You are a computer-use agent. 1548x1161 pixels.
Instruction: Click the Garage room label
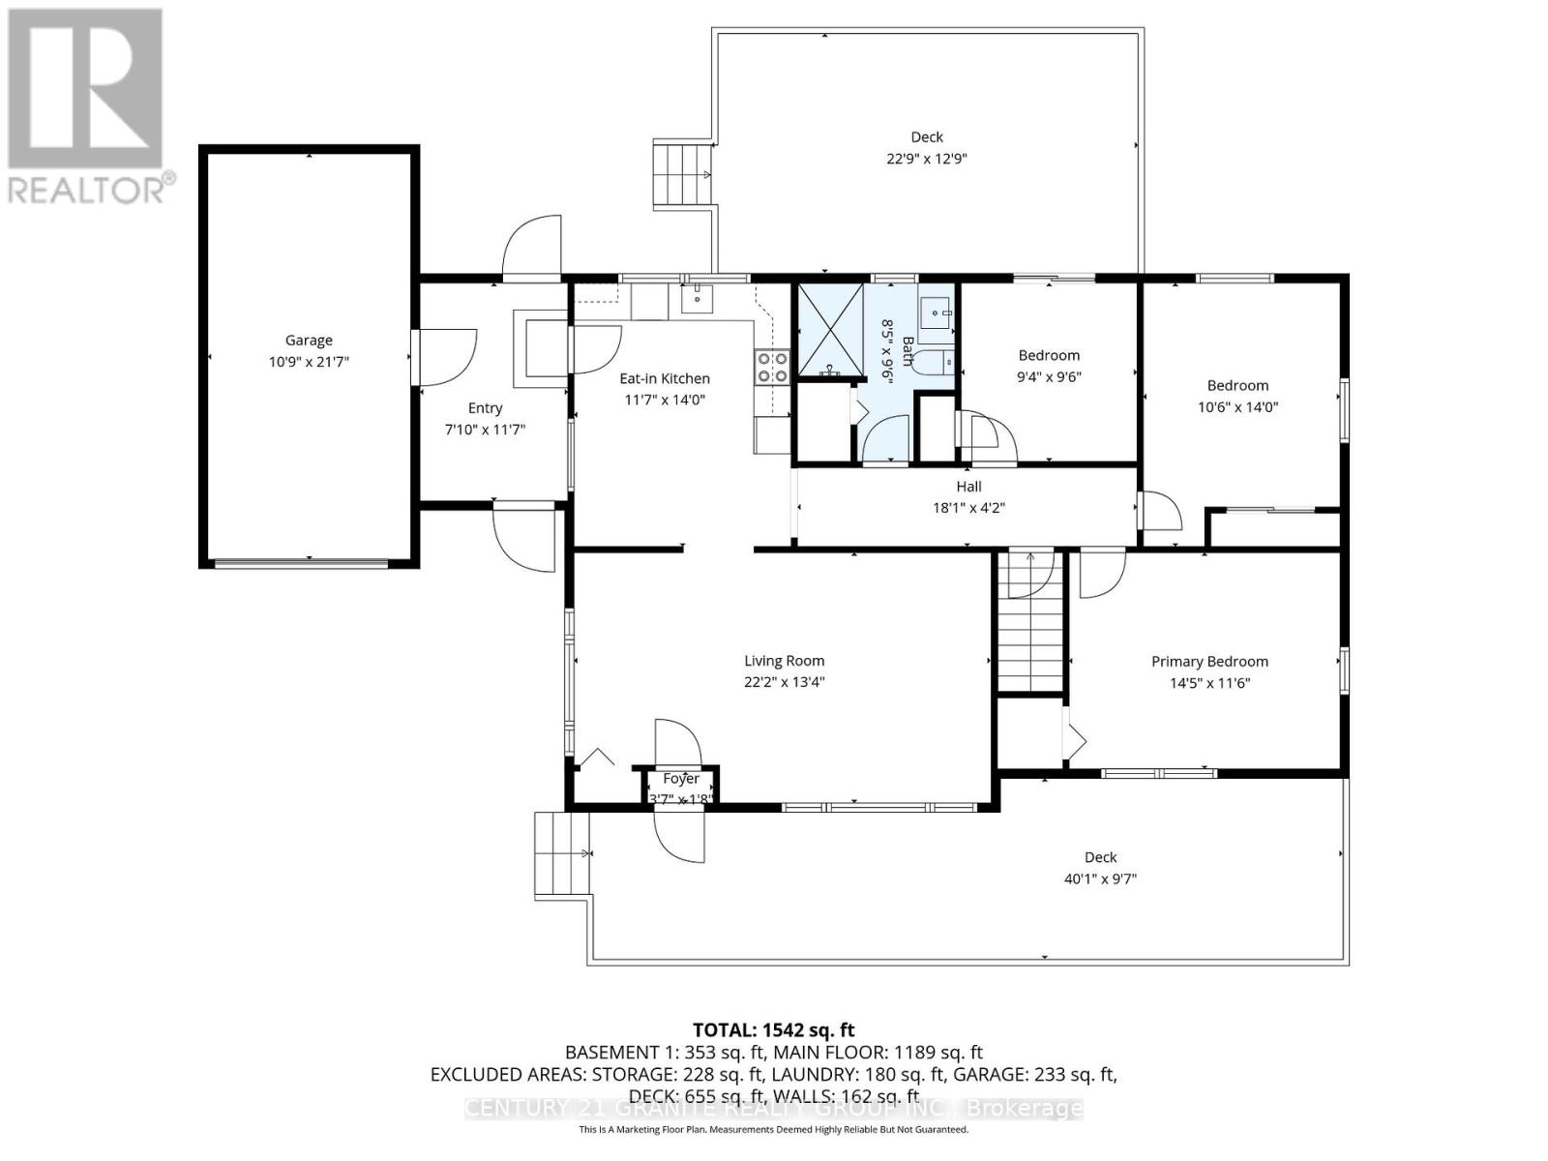(x=309, y=340)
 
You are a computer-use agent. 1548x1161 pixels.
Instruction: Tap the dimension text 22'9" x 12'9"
(x=926, y=159)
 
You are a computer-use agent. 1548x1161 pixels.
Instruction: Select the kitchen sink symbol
(x=697, y=299)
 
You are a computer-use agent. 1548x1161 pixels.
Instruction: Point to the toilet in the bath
(x=935, y=363)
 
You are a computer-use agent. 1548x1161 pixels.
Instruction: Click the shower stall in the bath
(x=829, y=329)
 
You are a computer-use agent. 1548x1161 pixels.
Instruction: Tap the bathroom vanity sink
(x=935, y=312)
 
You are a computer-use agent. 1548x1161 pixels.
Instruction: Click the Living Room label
(x=784, y=661)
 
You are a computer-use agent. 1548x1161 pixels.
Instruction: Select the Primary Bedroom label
(x=1209, y=662)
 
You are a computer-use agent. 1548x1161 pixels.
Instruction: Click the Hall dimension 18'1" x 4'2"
(x=968, y=507)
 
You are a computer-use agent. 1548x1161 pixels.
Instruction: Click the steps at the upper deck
(x=683, y=173)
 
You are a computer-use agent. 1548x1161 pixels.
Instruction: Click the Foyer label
(x=681, y=779)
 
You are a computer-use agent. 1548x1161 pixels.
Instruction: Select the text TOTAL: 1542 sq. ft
(x=773, y=1030)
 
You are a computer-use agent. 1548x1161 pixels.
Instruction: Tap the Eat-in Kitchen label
(x=665, y=378)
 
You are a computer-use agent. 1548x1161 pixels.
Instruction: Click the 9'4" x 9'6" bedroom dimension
(x=1048, y=377)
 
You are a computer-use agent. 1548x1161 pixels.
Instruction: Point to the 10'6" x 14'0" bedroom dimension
(x=1237, y=407)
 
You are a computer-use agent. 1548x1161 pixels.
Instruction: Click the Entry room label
(x=485, y=408)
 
